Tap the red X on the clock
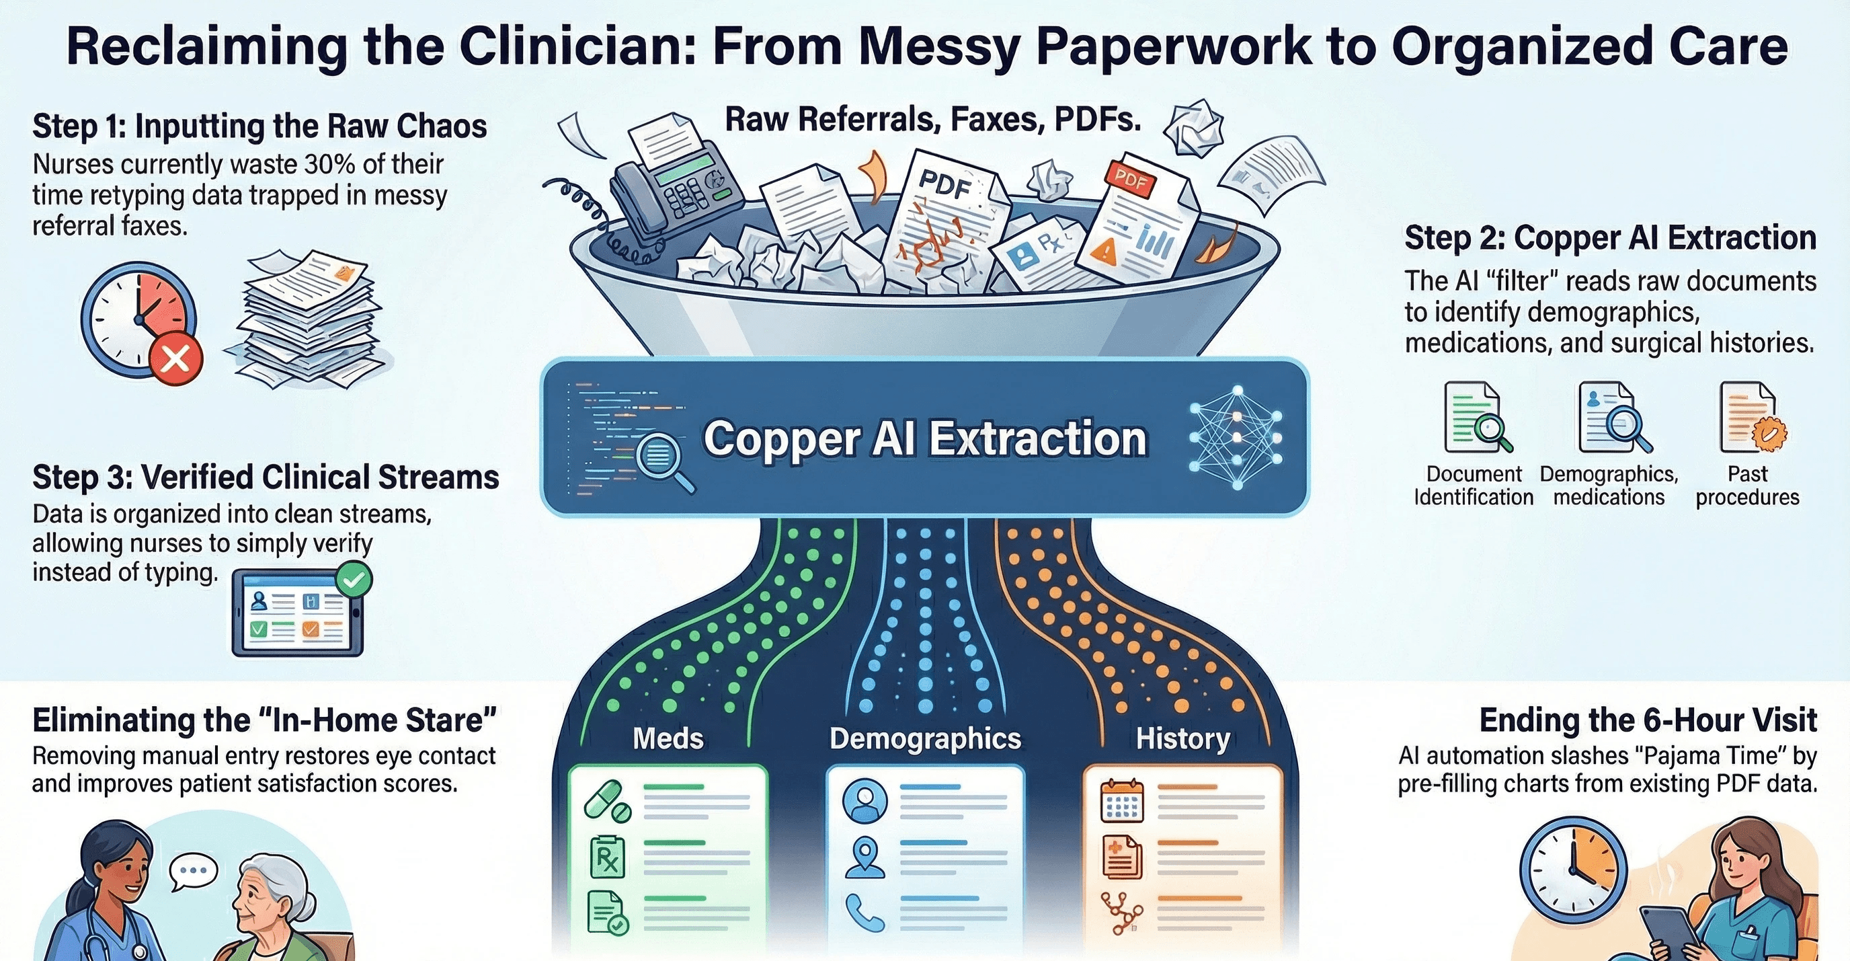click(x=176, y=358)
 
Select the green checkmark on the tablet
click(x=354, y=580)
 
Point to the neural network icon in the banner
click(x=1236, y=437)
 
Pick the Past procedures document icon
click(x=1751, y=418)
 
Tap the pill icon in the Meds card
click(x=607, y=802)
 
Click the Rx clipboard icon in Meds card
click(x=607, y=857)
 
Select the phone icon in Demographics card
click(x=864, y=912)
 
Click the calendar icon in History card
click(x=1121, y=800)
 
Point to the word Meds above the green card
click(x=668, y=738)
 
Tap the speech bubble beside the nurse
click(x=193, y=870)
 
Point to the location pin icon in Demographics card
click(x=864, y=858)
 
